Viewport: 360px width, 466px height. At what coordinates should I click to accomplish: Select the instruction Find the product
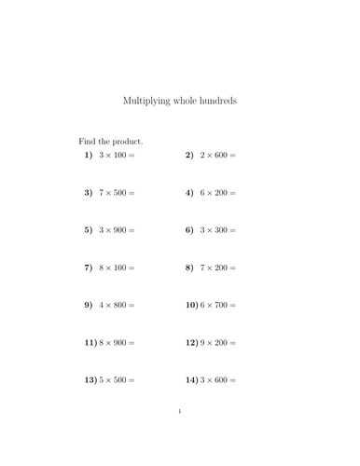coord(110,140)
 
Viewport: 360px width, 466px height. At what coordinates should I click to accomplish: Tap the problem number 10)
coord(192,305)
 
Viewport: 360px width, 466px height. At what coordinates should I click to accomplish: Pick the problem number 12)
coord(192,343)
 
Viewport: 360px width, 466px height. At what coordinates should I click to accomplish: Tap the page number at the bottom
coord(179,411)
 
